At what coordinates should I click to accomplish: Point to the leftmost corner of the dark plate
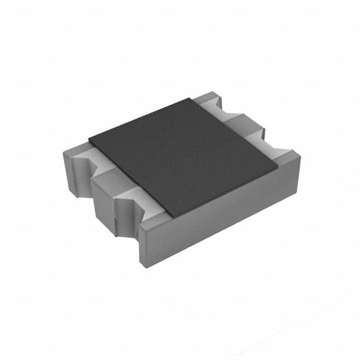(x=89, y=137)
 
